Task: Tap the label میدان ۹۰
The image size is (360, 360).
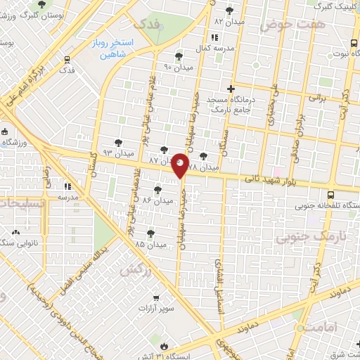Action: (x=177, y=67)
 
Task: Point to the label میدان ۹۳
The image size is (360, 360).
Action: (x=117, y=153)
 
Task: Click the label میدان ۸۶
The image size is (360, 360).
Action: (x=157, y=200)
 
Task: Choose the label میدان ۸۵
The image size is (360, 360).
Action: (x=150, y=244)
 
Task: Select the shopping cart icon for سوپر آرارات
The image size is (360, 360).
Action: (x=155, y=297)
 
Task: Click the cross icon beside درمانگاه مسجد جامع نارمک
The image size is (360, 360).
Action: (x=231, y=88)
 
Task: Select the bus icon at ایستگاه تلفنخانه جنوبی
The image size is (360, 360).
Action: (x=331, y=193)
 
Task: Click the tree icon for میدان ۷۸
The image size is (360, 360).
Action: (x=204, y=156)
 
